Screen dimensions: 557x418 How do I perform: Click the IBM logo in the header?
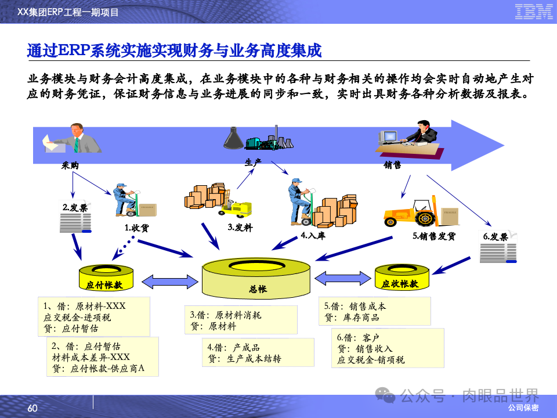[x=533, y=12]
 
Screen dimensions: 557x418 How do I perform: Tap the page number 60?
[x=32, y=409]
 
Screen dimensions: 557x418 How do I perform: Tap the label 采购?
[x=70, y=165]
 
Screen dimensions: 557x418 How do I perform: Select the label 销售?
[x=393, y=165]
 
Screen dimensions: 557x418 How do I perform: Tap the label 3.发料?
[x=240, y=228]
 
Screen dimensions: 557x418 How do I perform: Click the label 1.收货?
[x=136, y=228]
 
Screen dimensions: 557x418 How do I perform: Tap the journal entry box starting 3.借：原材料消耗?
[x=241, y=320]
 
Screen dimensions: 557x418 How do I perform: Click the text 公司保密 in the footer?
[x=523, y=408]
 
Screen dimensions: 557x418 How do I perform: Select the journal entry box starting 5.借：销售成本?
[x=375, y=312]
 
